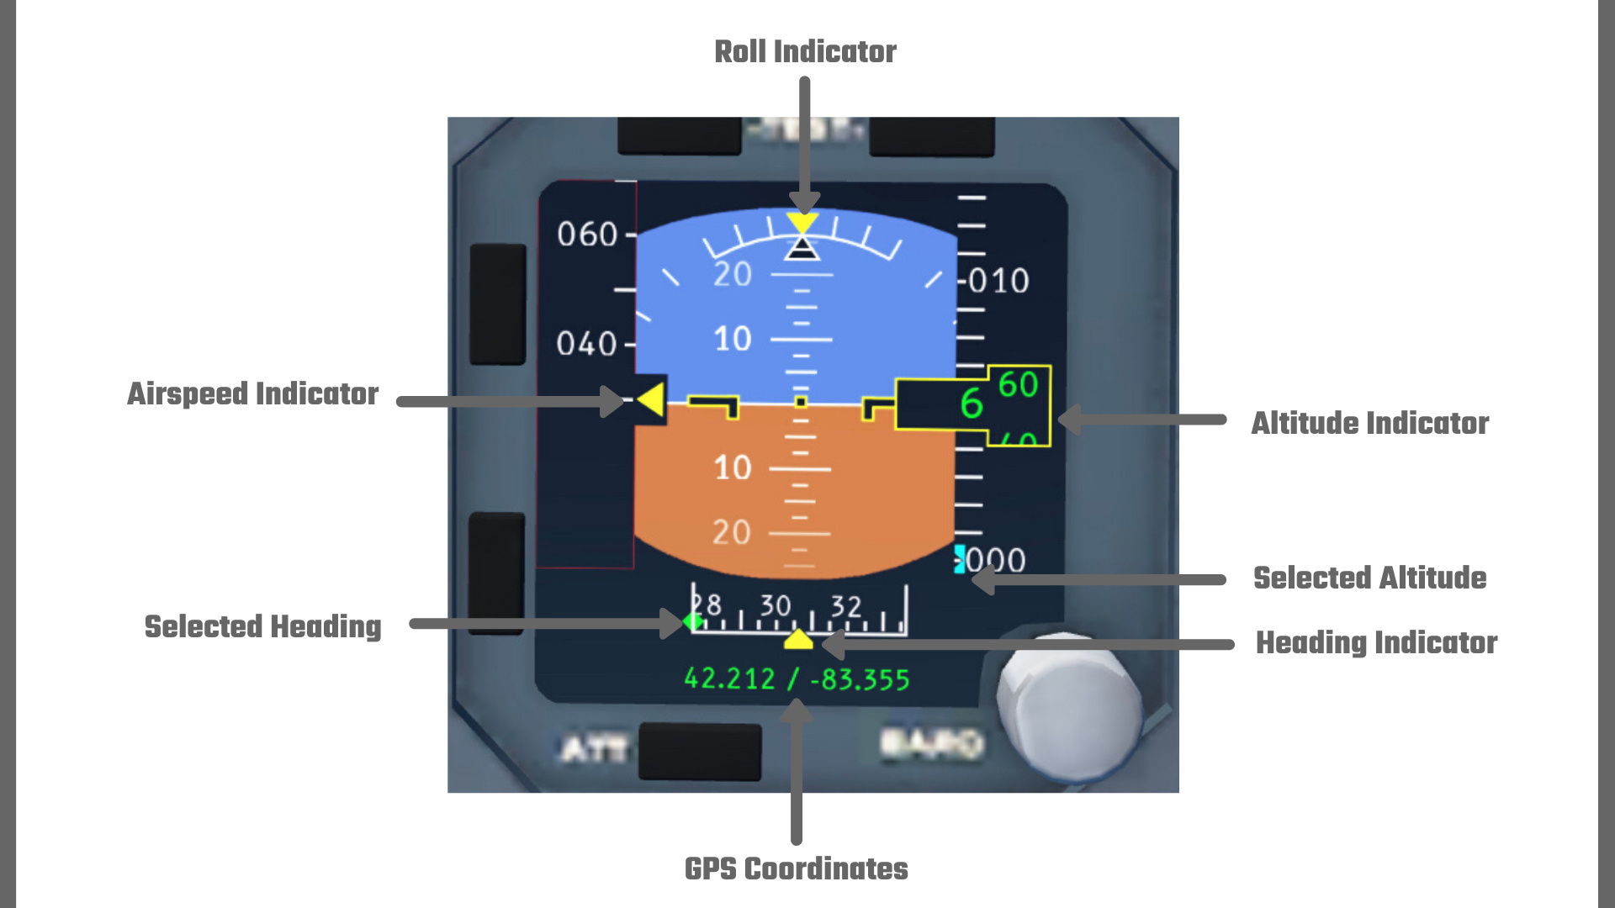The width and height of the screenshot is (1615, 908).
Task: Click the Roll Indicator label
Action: click(805, 51)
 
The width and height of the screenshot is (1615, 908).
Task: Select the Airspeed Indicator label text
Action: click(252, 393)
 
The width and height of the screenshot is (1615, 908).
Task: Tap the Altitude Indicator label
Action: click(1369, 423)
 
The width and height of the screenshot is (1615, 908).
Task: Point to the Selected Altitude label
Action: click(1369, 578)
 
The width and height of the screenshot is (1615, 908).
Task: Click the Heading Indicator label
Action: click(1376, 642)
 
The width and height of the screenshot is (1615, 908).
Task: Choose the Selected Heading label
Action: click(262, 626)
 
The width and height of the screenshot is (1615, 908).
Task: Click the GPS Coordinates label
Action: click(796, 868)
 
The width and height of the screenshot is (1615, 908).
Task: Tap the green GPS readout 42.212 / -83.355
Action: click(797, 678)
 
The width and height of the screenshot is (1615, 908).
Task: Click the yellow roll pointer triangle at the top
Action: click(802, 223)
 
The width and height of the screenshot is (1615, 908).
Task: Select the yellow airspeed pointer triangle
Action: click(651, 399)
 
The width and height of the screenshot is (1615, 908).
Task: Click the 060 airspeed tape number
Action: click(587, 235)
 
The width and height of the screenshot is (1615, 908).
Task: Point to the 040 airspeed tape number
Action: click(586, 344)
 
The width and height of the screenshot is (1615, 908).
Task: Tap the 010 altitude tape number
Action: click(998, 281)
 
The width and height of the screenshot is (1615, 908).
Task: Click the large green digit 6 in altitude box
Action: click(971, 404)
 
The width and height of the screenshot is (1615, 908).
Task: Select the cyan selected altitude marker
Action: click(959, 559)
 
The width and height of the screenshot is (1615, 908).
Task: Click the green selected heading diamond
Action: click(694, 622)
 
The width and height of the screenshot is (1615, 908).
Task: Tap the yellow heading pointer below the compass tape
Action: click(798, 641)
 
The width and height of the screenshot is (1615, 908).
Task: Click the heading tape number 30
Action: click(776, 605)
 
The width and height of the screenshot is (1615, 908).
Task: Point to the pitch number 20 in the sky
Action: click(732, 274)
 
